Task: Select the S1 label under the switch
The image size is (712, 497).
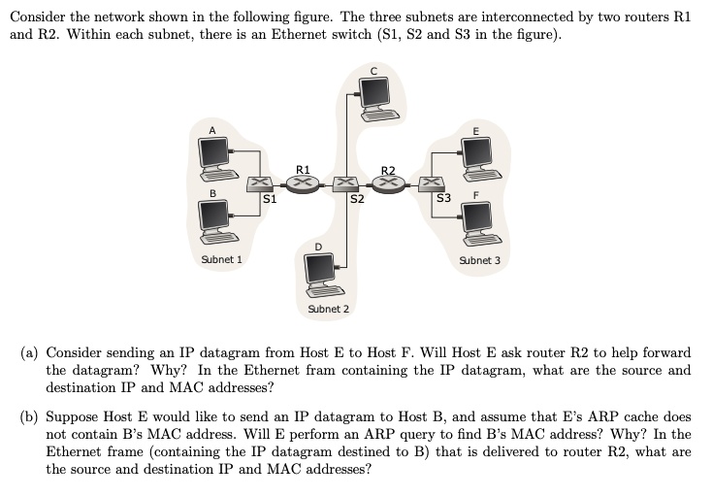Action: [271, 199]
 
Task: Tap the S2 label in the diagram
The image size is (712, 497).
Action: [357, 200]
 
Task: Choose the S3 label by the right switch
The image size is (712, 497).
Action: [444, 199]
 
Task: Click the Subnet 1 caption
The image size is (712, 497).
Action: [221, 260]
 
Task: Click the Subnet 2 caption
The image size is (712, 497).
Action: [328, 309]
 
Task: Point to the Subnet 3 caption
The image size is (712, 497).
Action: [480, 260]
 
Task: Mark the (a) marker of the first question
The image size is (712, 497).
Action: [30, 351]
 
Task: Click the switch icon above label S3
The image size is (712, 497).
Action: [431, 182]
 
